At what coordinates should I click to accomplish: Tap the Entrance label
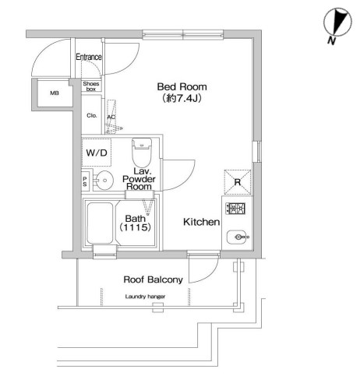click(x=90, y=57)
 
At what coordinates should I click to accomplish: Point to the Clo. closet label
click(x=91, y=117)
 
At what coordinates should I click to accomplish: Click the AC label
click(x=111, y=118)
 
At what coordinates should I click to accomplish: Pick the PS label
click(x=85, y=180)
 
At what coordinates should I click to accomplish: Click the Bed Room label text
click(x=178, y=86)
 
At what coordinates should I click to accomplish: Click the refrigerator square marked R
click(x=237, y=181)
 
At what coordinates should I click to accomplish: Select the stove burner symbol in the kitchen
click(x=237, y=208)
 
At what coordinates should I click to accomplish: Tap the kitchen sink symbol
click(x=237, y=234)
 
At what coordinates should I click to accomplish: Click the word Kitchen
click(x=200, y=222)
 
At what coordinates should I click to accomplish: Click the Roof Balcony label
click(x=153, y=279)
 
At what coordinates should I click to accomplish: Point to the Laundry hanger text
click(x=147, y=297)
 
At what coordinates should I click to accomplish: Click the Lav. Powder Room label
click(x=142, y=178)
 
